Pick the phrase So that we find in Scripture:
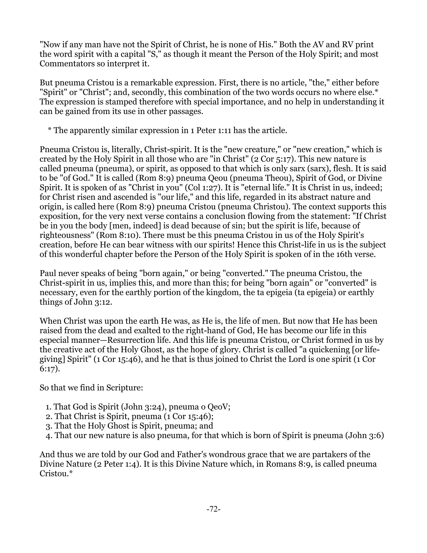pos(91,388)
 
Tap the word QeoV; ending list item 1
pos(219,407)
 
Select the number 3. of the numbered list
pos(49,426)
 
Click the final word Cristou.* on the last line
pos(56,474)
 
